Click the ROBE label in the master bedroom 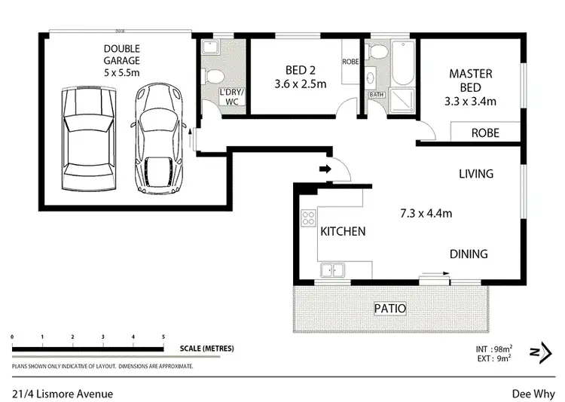coord(485,132)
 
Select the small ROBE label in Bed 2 coord(350,61)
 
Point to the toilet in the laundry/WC coord(210,76)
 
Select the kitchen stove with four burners coord(308,219)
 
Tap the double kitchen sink coord(332,270)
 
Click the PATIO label coord(390,308)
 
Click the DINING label coord(469,254)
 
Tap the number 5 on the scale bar coord(163,336)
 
